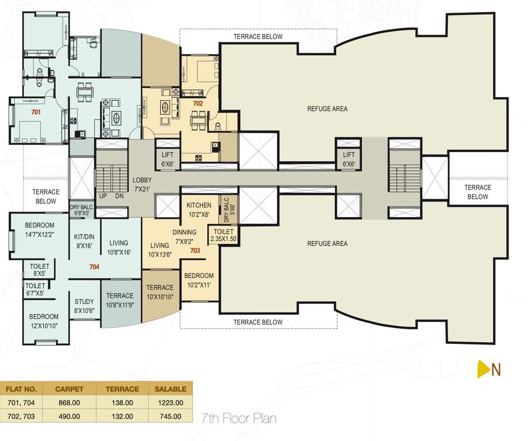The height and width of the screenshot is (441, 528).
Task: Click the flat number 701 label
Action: coord(36,113)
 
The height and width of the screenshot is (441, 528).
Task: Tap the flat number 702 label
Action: coord(198,104)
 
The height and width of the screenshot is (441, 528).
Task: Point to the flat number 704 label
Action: coord(94,267)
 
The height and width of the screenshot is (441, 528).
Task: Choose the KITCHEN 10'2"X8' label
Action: coord(199,209)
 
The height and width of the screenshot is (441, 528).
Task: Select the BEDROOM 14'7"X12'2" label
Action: coord(40,230)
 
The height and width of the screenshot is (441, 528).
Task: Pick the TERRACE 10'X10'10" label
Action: coord(159,292)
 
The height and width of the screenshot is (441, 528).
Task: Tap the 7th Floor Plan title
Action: coord(238,417)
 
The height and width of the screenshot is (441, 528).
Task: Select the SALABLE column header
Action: coord(170,389)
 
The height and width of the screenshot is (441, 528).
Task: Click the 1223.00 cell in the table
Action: coord(170,403)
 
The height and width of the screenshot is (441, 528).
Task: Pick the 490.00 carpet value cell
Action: coord(69,416)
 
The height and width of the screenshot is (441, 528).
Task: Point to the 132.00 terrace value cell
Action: coord(122,416)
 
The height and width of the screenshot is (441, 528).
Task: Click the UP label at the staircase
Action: coord(104,196)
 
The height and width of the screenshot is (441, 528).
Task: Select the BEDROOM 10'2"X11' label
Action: coord(199,280)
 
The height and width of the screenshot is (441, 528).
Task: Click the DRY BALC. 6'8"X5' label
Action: coord(82,210)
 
